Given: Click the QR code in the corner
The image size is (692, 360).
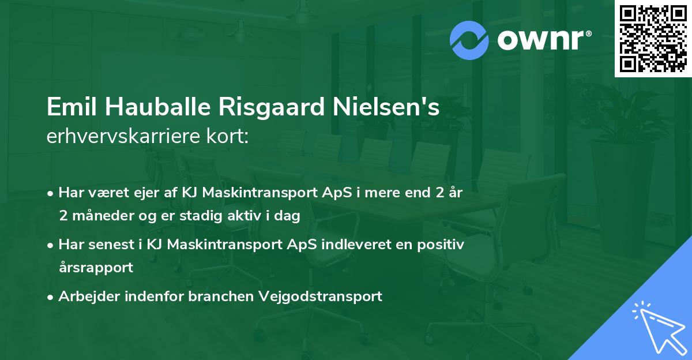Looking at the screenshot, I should pos(653,39).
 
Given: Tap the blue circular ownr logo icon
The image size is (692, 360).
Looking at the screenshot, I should pos(469,40).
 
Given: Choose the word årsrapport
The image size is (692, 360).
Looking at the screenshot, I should pos(96,268).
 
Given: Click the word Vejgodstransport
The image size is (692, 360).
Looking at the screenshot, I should pos(321,297).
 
